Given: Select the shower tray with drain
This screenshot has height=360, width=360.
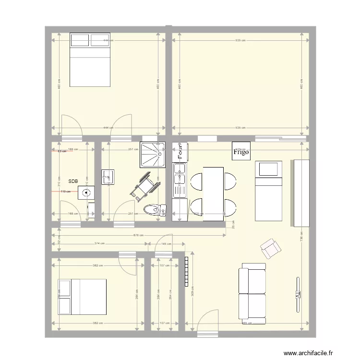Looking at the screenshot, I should pos(153,154).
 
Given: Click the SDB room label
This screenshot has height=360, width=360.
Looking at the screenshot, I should pos(73,181).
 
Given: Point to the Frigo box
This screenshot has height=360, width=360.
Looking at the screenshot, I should pos(241,152).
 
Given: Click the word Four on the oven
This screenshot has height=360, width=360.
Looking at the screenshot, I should pos(180,152).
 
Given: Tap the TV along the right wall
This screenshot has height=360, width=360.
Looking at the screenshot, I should pos(298,296).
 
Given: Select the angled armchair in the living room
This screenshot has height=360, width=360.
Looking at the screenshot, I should pos(271,249).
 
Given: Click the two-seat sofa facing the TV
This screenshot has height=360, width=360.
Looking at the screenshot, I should pos(252,293).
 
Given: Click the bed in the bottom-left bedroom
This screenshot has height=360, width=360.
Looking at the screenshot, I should pos(82,296).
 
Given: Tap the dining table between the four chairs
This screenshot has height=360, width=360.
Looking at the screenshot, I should pos(214,194).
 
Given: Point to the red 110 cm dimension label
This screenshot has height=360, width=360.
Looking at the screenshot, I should pos(66,192).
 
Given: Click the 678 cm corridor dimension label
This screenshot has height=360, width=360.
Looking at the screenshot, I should pos(137,235).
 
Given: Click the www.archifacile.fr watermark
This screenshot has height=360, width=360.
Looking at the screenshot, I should pos(307,353).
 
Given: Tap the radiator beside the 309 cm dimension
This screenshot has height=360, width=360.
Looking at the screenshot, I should pos(186,272).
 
